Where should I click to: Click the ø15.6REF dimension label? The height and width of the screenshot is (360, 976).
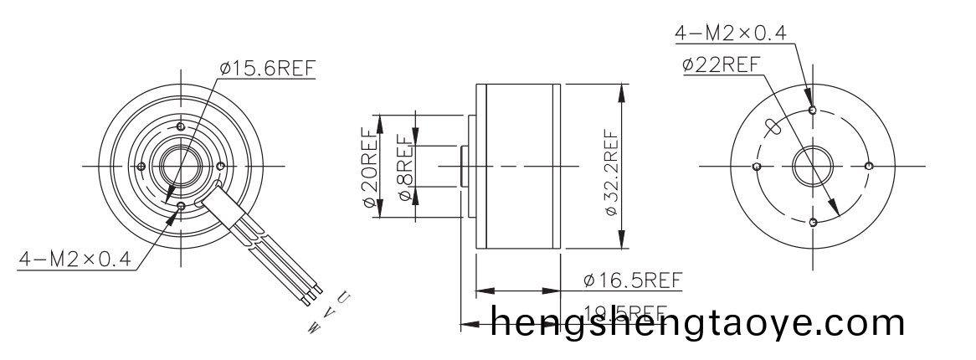click(269, 69)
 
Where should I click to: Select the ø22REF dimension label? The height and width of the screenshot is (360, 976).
click(721, 64)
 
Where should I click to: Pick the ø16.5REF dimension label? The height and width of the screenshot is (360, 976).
click(633, 279)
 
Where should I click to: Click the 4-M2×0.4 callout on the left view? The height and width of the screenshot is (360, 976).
click(76, 260)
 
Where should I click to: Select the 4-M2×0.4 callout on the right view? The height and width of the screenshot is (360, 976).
click(731, 33)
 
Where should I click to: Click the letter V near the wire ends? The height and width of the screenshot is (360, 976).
click(329, 311)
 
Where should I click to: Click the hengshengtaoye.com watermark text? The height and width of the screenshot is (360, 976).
click(698, 323)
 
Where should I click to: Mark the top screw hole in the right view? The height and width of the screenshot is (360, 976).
click(814, 110)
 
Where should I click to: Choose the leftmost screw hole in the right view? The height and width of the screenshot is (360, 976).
click(757, 167)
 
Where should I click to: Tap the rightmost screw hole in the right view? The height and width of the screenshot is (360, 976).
click(870, 166)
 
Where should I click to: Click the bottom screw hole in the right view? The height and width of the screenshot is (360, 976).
click(814, 222)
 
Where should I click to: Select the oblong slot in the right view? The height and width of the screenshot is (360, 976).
click(773, 128)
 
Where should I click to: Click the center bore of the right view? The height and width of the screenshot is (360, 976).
click(813, 166)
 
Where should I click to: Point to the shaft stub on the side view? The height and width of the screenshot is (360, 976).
click(463, 166)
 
